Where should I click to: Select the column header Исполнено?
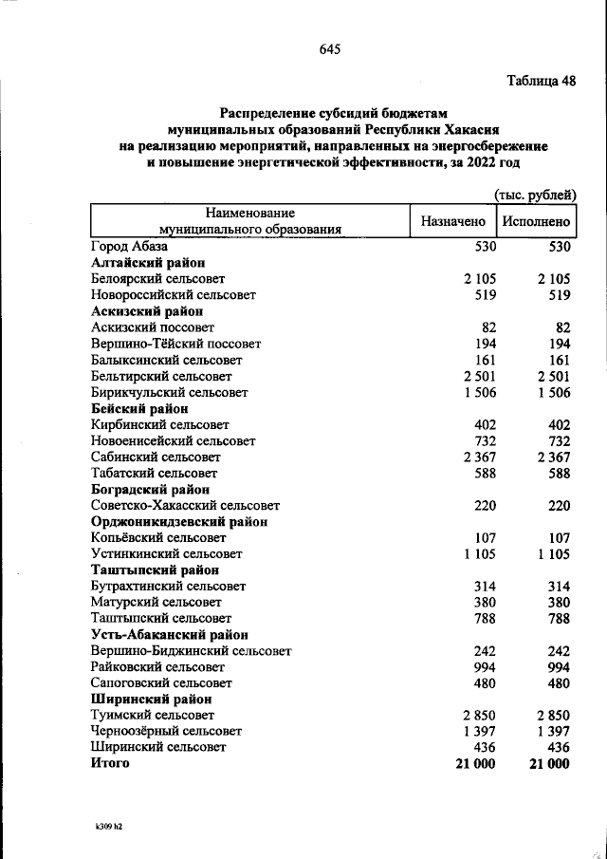click(x=537, y=221)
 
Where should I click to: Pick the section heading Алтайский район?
click(x=149, y=263)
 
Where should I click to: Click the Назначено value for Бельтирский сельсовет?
click(x=479, y=376)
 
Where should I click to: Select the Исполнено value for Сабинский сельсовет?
click(x=553, y=457)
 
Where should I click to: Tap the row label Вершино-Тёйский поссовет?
click(x=175, y=344)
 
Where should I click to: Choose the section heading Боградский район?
click(x=151, y=489)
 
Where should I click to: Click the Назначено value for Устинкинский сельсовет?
click(x=479, y=553)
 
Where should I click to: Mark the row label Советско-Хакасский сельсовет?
click(x=185, y=505)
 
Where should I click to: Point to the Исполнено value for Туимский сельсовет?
click(x=553, y=715)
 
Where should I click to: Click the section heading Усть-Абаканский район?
click(x=170, y=634)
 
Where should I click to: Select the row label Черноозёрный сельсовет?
click(x=166, y=731)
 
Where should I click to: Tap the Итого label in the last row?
click(x=110, y=763)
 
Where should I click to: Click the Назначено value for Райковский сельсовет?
click(x=485, y=666)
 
